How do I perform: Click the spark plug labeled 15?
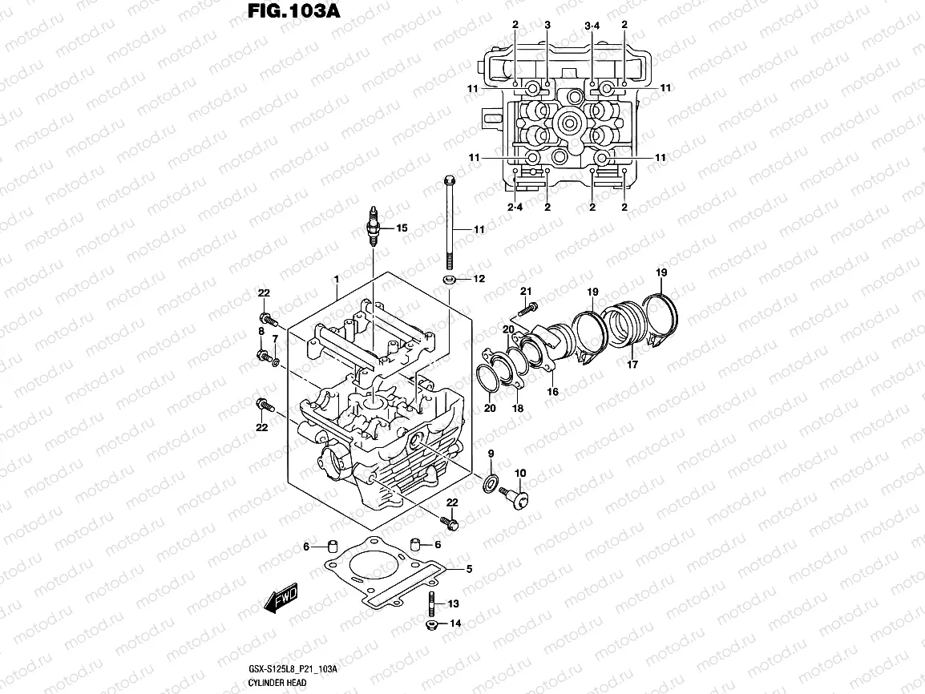pyautogui.click(x=374, y=225)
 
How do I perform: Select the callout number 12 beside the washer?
pyautogui.click(x=479, y=279)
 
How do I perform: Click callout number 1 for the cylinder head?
pyautogui.click(x=337, y=278)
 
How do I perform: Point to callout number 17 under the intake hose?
pyautogui.click(x=632, y=365)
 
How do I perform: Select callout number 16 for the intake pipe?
pyautogui.click(x=552, y=392)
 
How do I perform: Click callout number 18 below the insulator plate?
pyautogui.click(x=518, y=408)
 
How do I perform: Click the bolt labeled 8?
pyautogui.click(x=262, y=355)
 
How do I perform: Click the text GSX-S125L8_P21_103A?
pyautogui.click(x=293, y=669)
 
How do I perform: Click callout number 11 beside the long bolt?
pyautogui.click(x=479, y=230)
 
